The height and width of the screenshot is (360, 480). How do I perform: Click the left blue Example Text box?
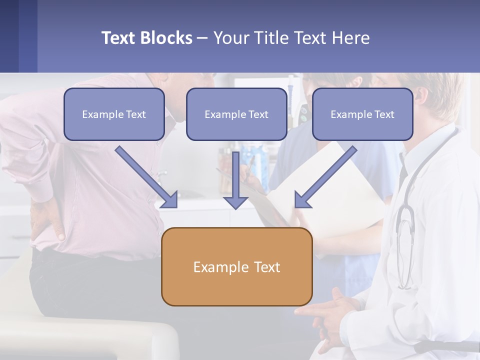pos(114,114)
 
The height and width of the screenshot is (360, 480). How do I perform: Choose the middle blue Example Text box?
pos(236,114)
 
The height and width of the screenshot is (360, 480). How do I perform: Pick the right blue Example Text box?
pos(362,114)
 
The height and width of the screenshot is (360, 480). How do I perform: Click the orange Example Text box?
pos(237,266)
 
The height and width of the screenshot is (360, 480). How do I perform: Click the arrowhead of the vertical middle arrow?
pos(235,202)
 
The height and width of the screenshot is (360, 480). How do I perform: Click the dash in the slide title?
pos(202,38)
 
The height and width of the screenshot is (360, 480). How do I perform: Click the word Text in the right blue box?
pos(384,114)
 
